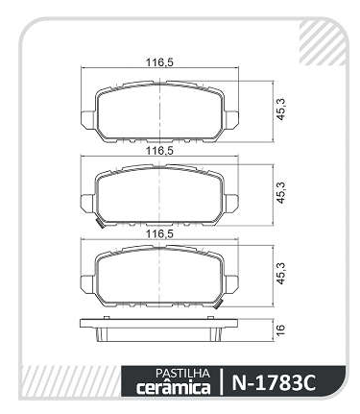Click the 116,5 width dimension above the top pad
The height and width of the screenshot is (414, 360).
click(159, 62)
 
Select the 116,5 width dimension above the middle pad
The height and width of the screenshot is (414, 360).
click(159, 151)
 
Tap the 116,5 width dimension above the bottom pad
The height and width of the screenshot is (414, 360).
click(159, 234)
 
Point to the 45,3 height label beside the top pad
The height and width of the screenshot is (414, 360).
click(280, 110)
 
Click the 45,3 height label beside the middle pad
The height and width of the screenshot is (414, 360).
click(280, 192)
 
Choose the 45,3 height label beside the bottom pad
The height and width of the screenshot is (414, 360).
click(280, 273)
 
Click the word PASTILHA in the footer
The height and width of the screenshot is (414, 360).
click(182, 373)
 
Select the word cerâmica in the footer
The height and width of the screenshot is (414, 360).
click(174, 387)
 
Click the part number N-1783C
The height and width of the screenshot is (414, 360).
click(274, 382)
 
